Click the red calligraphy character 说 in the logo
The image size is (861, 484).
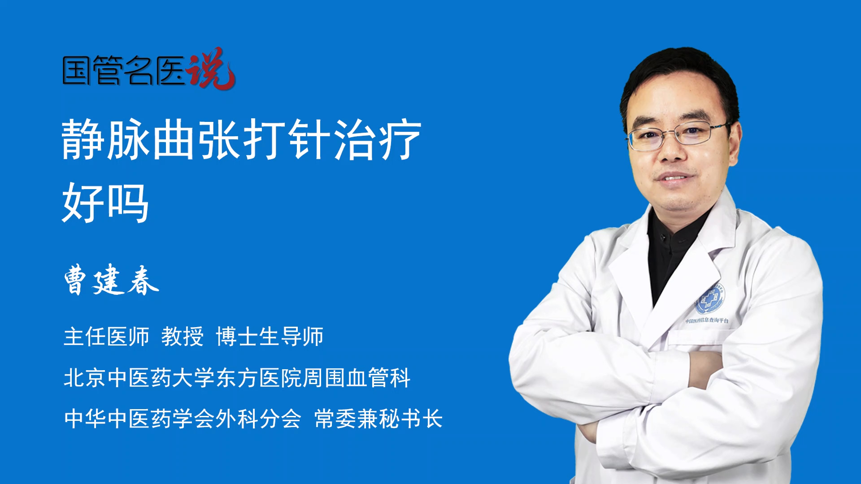click(211, 68)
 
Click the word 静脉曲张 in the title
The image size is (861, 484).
click(151, 139)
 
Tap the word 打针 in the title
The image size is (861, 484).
click(287, 139)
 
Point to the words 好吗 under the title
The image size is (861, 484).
click(105, 203)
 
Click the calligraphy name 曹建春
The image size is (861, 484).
click(112, 280)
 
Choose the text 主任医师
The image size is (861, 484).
click(106, 337)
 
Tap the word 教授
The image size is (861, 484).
click(183, 337)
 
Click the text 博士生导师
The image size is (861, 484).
click(270, 337)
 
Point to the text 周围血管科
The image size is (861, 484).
click(357, 378)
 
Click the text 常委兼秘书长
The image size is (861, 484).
click(378, 419)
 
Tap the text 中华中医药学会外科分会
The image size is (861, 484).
click(183, 419)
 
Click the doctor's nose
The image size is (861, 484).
click(671, 150)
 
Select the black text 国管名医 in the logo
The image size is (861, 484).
click(123, 70)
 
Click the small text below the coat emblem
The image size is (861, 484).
click(707, 320)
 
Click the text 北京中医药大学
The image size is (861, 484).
click(139, 378)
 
